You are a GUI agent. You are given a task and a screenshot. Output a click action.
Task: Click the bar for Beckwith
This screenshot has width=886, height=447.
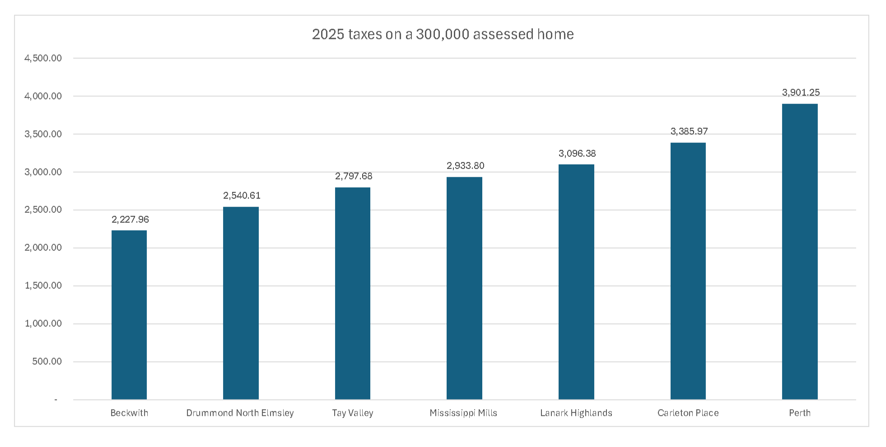point(129,315)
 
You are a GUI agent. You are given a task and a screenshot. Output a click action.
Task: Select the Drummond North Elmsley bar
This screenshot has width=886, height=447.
point(241,303)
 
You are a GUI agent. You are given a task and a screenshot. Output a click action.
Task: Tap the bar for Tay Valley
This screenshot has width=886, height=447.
point(353,293)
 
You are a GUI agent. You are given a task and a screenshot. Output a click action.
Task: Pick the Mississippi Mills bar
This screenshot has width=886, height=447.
point(464,288)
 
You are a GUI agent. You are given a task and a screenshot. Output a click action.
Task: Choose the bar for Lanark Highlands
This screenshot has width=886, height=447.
point(576,282)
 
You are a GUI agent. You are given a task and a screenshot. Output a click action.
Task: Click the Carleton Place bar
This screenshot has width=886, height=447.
point(688,271)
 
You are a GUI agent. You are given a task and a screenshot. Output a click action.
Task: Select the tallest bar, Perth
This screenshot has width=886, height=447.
point(800,252)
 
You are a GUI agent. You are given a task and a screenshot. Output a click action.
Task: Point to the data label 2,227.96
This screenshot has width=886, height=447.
point(130,220)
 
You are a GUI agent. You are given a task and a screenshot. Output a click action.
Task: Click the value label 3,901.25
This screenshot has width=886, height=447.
point(801,93)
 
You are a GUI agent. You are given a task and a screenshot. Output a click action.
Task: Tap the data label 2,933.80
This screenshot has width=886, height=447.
point(465,166)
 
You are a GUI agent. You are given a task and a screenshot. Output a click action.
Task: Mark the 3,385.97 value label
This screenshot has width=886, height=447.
point(689,132)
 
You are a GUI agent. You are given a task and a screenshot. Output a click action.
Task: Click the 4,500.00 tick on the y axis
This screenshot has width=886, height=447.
point(43,58)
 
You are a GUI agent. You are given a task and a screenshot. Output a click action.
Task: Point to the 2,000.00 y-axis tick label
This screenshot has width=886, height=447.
point(43,248)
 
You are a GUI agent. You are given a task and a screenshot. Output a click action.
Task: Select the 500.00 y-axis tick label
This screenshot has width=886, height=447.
point(47,362)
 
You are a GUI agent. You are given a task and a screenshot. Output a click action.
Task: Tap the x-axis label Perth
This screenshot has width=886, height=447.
point(800,413)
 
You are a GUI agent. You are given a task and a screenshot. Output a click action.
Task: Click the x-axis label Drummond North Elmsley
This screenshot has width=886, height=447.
point(240,413)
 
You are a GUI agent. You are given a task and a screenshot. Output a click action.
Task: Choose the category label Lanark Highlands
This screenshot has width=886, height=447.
point(576,413)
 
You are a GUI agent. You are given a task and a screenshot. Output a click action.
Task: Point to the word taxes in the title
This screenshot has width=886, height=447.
point(365,34)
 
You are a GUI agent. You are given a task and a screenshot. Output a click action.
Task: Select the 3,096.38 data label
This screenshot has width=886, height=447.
point(577,154)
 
